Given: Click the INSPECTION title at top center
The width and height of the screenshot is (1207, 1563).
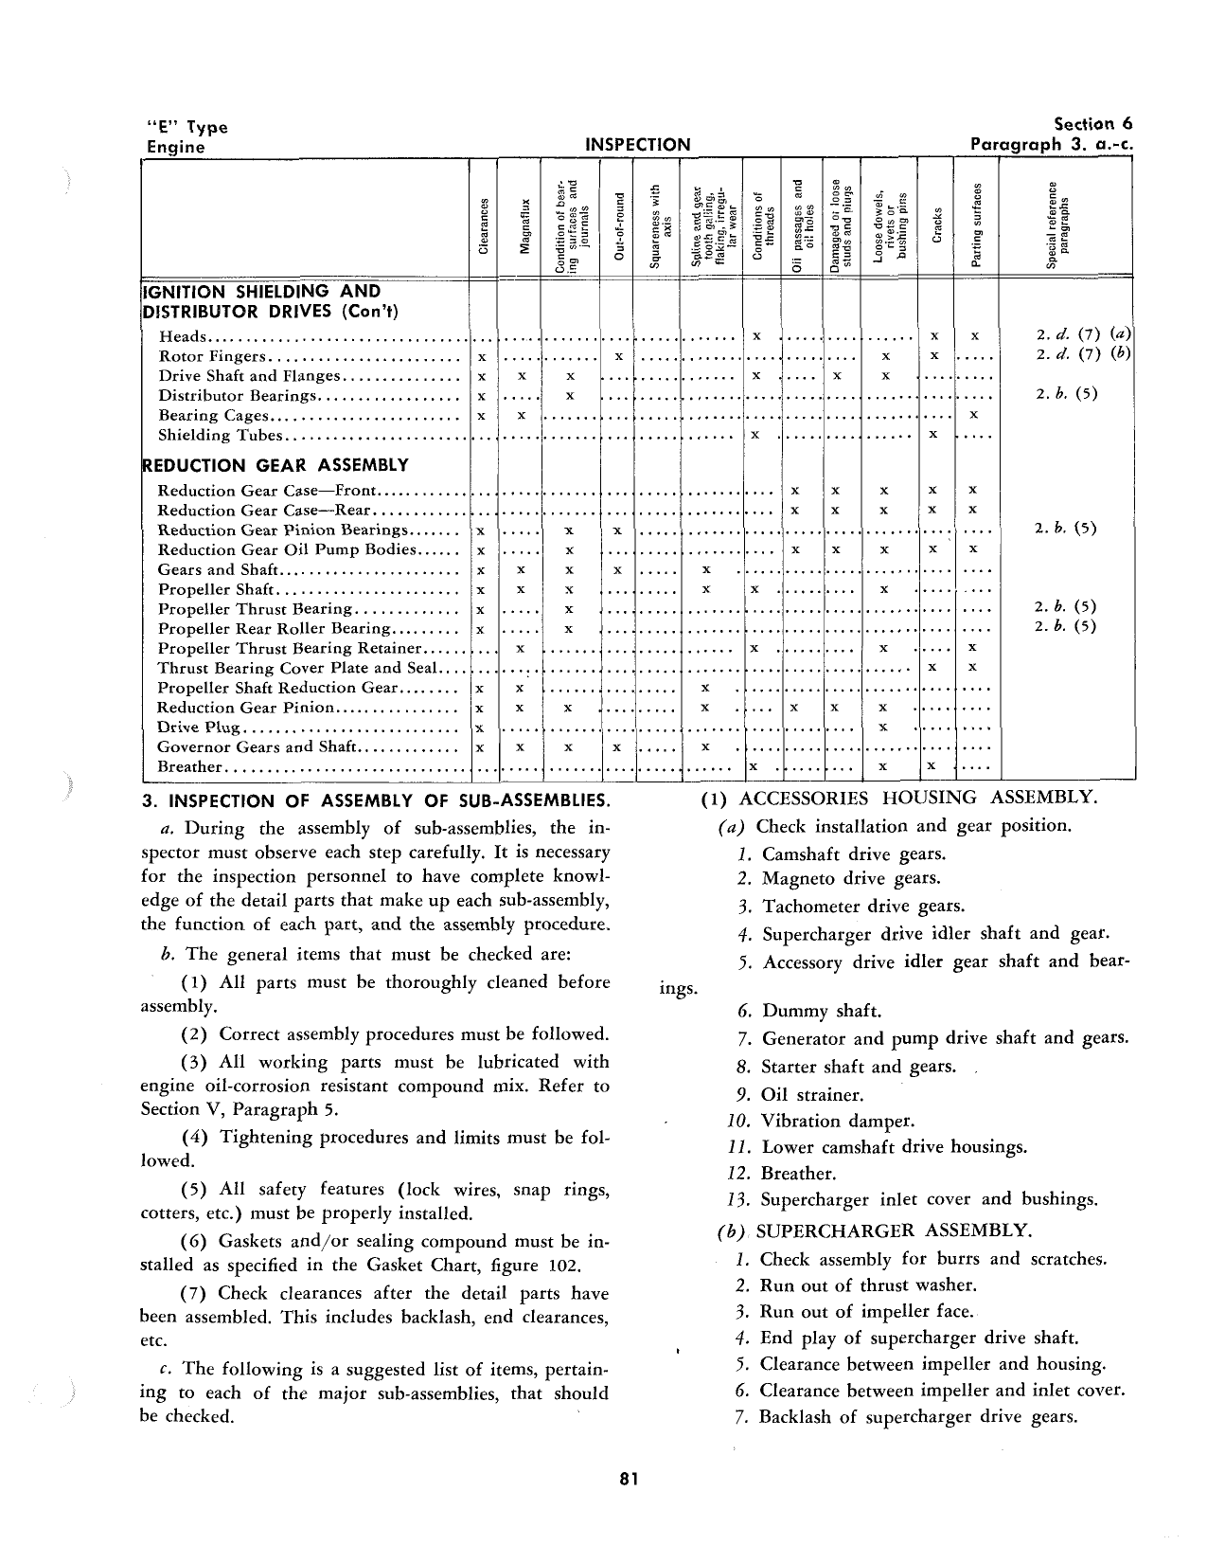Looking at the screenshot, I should (638, 145).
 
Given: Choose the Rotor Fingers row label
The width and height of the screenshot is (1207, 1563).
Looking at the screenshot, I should (213, 357).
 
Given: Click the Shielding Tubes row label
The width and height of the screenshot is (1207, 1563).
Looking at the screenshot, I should (221, 436).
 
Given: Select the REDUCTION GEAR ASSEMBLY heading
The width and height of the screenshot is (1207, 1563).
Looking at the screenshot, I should (275, 465).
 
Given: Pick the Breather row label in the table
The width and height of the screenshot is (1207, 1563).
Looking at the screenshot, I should (189, 767).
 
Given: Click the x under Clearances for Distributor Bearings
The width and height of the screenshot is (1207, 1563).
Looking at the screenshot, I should (482, 396).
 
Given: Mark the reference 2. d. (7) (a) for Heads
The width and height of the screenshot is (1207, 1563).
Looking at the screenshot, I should (1083, 336).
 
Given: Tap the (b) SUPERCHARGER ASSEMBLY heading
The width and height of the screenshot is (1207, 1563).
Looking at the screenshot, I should (874, 1231).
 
